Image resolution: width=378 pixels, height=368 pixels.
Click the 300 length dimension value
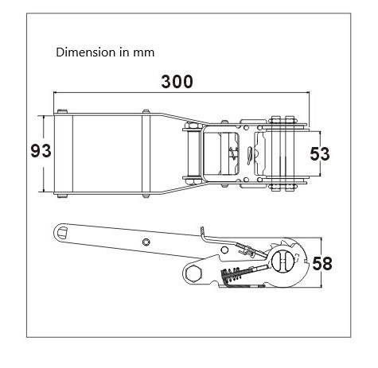click(x=177, y=82)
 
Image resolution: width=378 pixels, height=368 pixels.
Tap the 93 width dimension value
click(x=41, y=151)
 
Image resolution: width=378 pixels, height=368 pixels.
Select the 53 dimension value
click(x=320, y=154)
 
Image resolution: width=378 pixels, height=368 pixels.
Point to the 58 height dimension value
click(x=322, y=264)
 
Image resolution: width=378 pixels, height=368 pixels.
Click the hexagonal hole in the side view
click(x=194, y=273)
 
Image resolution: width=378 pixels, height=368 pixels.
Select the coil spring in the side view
click(x=232, y=274)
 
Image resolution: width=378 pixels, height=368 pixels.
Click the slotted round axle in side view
click(x=283, y=261)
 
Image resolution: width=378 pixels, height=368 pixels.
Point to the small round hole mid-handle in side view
click(x=146, y=242)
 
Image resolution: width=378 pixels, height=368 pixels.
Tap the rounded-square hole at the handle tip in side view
click(x=63, y=233)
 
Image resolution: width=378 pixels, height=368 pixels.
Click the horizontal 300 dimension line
click(x=181, y=92)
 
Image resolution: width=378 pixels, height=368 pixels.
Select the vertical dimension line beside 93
click(x=43, y=153)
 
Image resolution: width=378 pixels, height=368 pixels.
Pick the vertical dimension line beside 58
click(x=321, y=262)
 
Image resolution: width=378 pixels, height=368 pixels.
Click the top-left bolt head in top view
click(x=63, y=110)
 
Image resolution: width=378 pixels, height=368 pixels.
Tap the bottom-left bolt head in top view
click(x=62, y=196)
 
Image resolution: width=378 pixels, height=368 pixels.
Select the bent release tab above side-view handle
click(x=204, y=234)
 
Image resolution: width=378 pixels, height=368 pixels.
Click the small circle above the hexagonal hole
click(x=224, y=250)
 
